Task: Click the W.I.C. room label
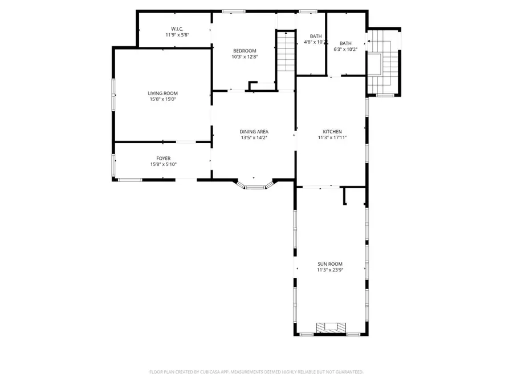177,29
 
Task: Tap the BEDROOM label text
244,50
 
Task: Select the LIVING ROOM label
163,93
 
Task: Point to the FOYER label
163,159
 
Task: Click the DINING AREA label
254,132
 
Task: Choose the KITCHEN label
332,132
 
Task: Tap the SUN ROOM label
330,264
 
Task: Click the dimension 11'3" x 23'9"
330,270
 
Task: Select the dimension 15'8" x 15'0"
163,99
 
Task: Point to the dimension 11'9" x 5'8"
177,35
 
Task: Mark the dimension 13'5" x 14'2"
254,138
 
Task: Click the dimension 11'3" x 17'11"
332,138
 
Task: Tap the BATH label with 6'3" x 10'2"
345,43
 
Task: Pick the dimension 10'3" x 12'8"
244,56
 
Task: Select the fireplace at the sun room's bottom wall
331,328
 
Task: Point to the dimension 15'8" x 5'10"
163,165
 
